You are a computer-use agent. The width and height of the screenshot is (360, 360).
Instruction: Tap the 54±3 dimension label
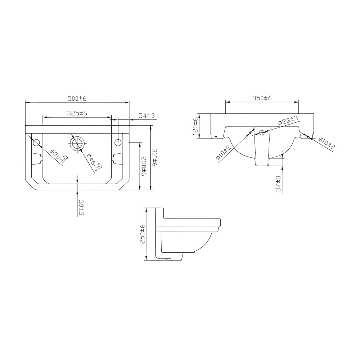(x=147, y=116)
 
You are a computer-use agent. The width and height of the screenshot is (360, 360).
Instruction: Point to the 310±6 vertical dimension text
(x=155, y=157)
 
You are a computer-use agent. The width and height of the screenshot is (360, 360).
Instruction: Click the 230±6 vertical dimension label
(x=143, y=166)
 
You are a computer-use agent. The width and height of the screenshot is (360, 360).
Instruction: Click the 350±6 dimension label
(x=262, y=98)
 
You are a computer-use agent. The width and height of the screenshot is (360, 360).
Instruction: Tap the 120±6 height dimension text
(x=195, y=126)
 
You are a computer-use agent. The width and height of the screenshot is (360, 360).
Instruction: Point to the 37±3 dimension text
(x=278, y=184)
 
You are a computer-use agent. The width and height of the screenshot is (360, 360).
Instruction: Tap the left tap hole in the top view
(x=36, y=143)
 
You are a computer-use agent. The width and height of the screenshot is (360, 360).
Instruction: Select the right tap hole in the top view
(x=118, y=143)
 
